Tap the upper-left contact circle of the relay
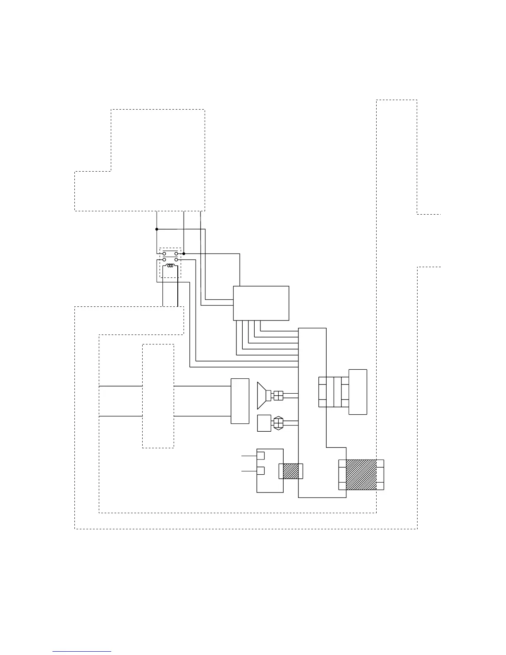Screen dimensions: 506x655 [x=164, y=253]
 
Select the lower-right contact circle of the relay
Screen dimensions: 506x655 [x=177, y=260]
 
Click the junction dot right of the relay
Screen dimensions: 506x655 [x=184, y=253]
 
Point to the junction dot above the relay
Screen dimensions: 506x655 [x=157, y=229]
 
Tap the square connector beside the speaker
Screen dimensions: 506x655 [x=278, y=396]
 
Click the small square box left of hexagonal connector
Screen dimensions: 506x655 [x=264, y=423]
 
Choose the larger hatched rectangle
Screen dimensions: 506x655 [x=361, y=474]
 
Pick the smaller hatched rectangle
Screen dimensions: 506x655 [x=291, y=471]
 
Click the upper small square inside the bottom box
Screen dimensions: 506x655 [x=260, y=455]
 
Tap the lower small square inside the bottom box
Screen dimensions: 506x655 [x=260, y=471]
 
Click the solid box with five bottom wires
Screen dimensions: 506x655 [x=261, y=303]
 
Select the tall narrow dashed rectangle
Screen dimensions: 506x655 [x=158, y=396]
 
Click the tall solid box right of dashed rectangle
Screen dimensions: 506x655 [x=240, y=401]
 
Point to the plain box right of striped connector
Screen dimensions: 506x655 [x=358, y=392]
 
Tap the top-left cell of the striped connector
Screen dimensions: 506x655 [x=322, y=382]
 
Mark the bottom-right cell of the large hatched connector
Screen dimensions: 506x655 [x=380, y=485]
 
